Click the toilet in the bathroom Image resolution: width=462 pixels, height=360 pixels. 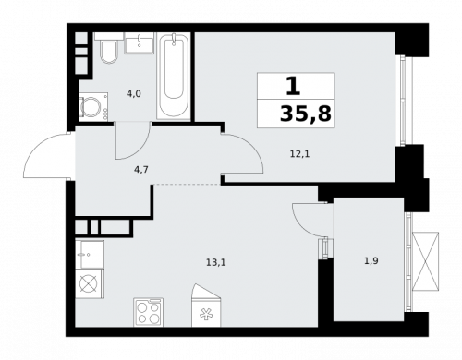click(107, 53)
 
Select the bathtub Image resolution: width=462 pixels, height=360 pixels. click(173, 76)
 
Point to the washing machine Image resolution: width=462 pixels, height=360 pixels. click(92, 107)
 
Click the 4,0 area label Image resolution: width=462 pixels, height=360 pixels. click(133, 92)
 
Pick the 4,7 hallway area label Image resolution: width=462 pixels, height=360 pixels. click(140, 169)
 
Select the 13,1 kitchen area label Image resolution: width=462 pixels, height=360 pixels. click(215, 262)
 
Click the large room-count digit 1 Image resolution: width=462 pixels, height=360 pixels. click(293, 87)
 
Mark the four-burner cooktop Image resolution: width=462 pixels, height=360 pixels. click(149, 311)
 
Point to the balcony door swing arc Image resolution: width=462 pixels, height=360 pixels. click(306, 220)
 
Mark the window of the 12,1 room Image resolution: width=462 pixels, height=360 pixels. click(401, 100)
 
